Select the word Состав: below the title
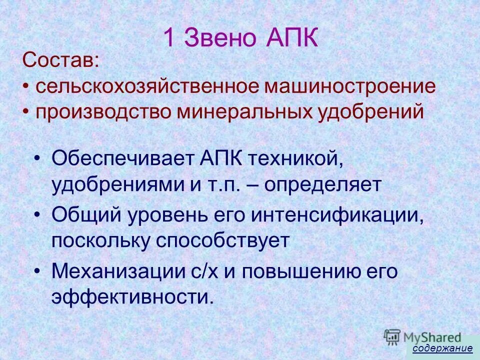coord(60,62)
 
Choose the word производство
coord(102,110)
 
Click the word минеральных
coord(243,110)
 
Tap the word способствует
coord(223,241)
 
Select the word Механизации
coord(118,272)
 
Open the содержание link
coord(442,348)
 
